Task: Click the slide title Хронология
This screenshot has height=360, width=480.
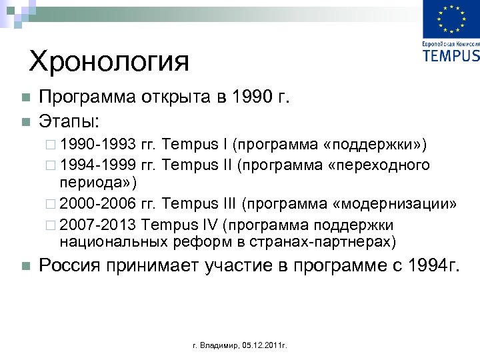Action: click(109, 62)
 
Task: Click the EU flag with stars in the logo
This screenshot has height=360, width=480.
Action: click(451, 20)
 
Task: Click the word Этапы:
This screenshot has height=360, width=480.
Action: click(69, 121)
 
